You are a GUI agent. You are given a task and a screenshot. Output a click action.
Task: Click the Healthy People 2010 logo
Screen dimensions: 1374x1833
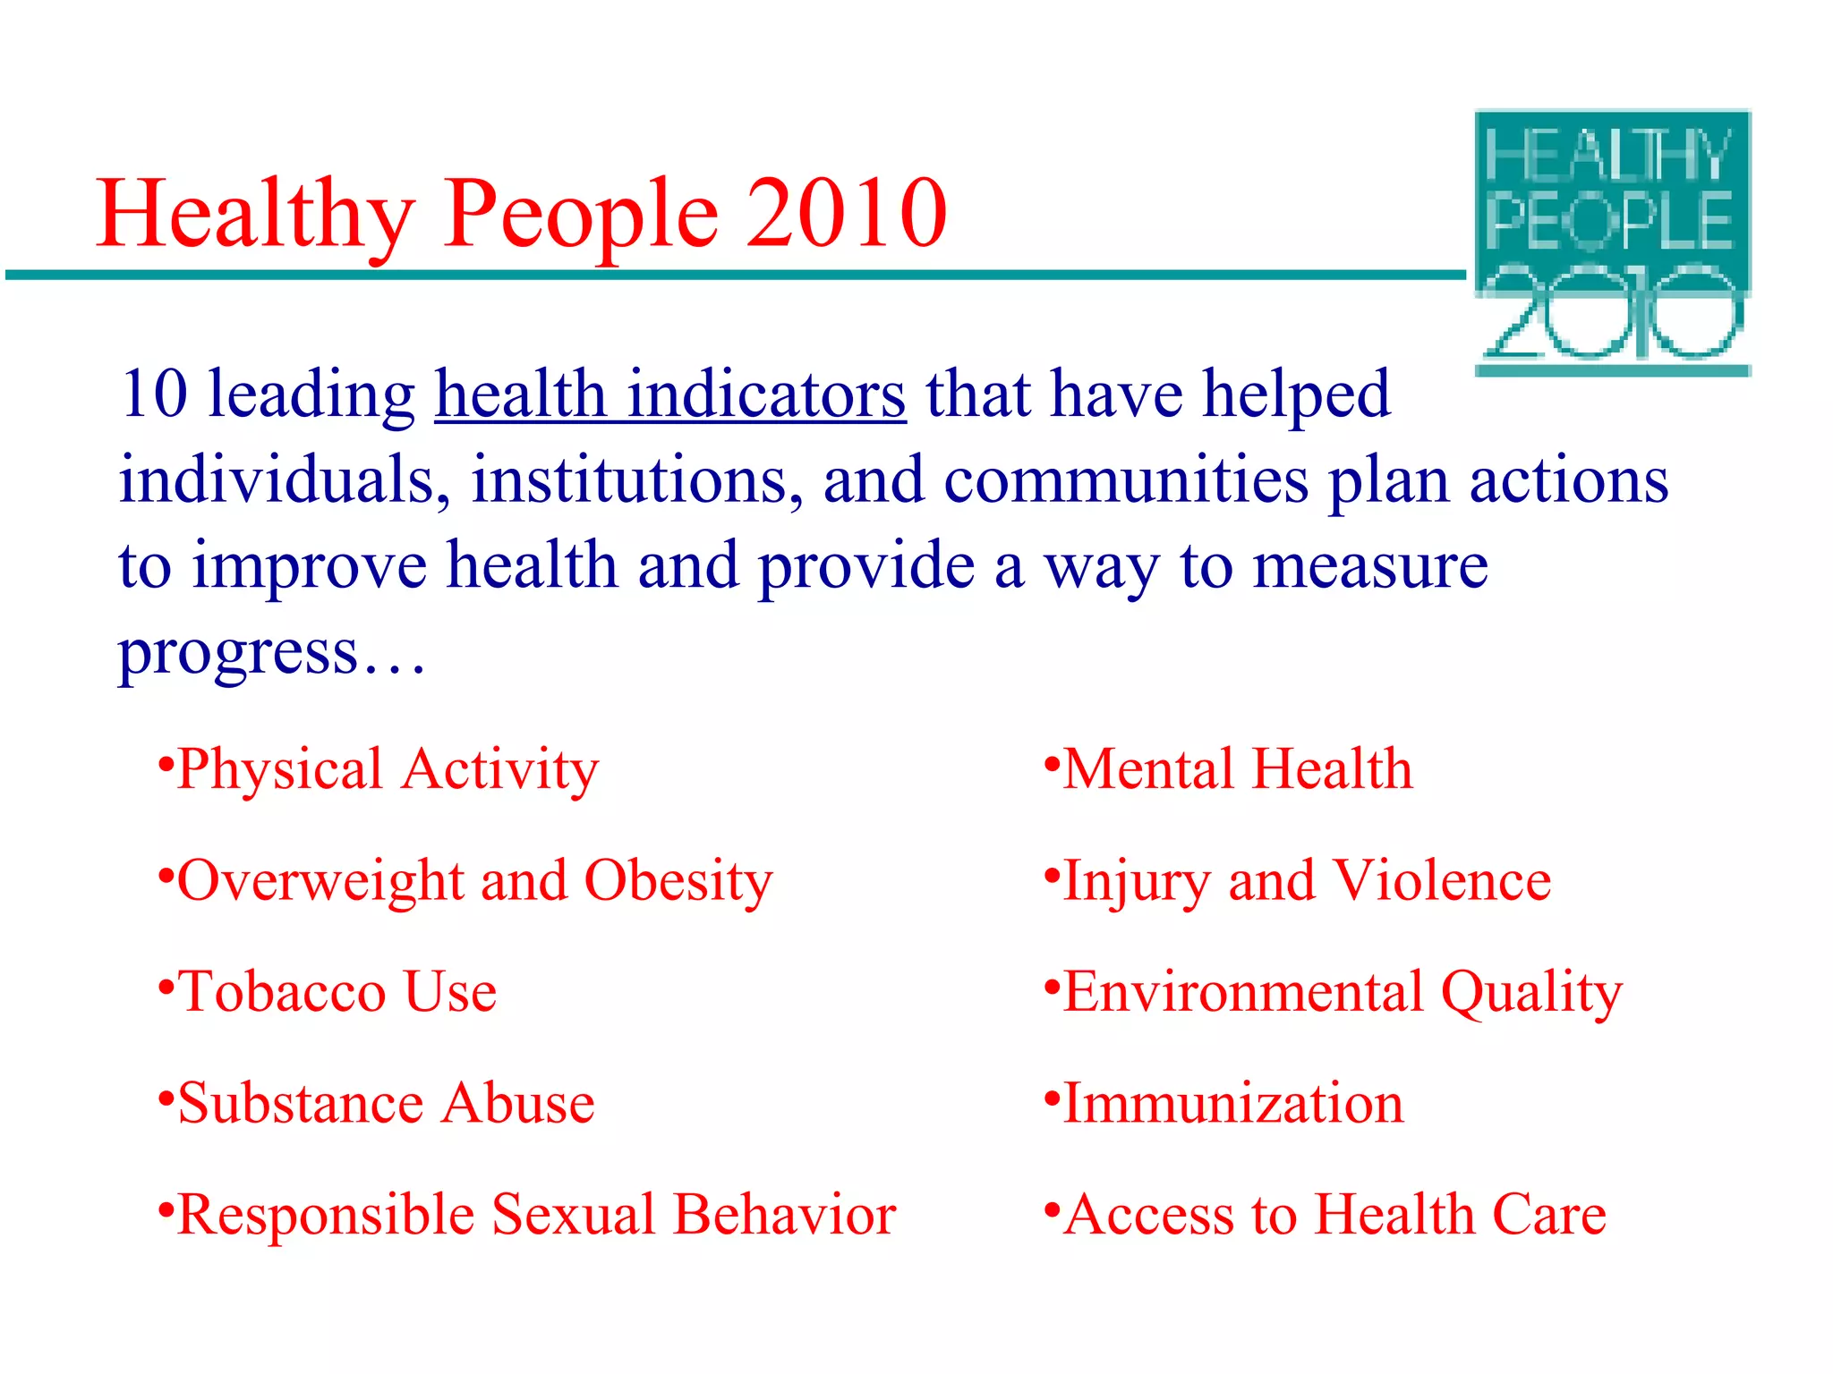click(x=1612, y=242)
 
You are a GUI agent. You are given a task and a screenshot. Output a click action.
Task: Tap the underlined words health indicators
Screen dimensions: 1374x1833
click(x=670, y=394)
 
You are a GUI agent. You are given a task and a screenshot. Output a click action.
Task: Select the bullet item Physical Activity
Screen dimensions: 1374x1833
click(x=387, y=770)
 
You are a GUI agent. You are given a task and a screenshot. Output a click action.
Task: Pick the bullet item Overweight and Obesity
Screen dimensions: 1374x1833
click(x=474, y=881)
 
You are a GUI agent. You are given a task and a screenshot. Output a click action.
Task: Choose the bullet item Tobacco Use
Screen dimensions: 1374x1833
click(x=337, y=992)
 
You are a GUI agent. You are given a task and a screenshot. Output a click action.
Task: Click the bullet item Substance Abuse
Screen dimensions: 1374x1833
click(x=386, y=1103)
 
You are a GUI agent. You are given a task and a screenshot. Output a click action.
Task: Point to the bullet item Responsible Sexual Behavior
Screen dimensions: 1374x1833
click(x=536, y=1215)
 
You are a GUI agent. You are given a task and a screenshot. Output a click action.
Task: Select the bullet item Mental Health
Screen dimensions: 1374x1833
click(x=1238, y=770)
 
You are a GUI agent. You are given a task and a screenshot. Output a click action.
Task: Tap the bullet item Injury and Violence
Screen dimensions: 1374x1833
click(x=1307, y=881)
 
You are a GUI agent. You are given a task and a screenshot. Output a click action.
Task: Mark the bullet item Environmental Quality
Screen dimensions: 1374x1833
click(x=1343, y=992)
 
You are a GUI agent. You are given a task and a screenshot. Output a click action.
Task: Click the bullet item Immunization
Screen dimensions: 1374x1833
click(x=1233, y=1103)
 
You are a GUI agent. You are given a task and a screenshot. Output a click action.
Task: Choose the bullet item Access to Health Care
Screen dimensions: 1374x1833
click(x=1334, y=1215)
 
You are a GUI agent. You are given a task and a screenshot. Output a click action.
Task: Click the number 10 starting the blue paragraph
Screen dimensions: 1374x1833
click(x=153, y=394)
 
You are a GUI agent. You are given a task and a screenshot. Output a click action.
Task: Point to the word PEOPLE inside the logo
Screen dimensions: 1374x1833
click(x=1610, y=221)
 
